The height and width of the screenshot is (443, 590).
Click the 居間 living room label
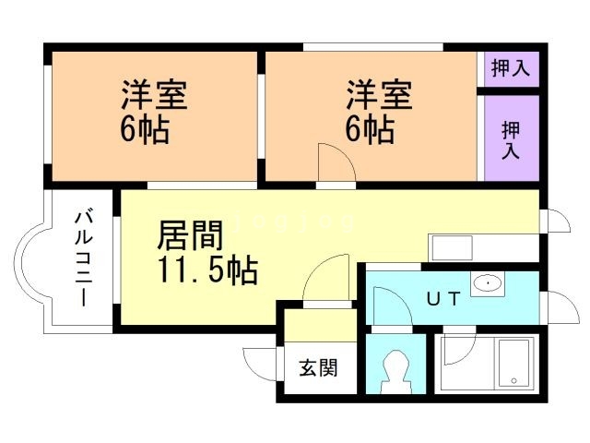coord(190,236)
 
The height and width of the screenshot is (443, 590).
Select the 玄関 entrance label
coord(317,367)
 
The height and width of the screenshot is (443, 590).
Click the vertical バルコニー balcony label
coord(84,259)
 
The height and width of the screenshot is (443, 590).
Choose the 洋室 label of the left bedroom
coord(154,95)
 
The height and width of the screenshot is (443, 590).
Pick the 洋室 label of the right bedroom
coord(379,95)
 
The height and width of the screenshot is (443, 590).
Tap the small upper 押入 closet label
coord(510,69)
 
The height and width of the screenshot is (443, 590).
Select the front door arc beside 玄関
coord(261,362)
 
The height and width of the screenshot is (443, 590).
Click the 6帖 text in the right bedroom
coord(370,129)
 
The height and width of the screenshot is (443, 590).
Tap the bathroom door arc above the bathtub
coord(457,347)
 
